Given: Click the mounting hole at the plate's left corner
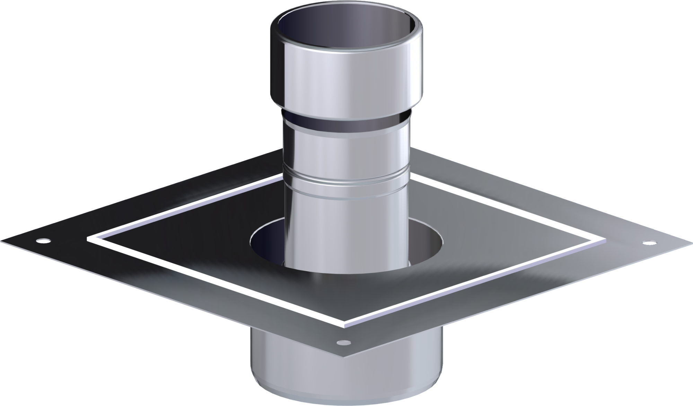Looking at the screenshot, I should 43,240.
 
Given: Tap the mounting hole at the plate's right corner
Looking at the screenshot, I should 646,242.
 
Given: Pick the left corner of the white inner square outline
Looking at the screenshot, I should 89,239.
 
